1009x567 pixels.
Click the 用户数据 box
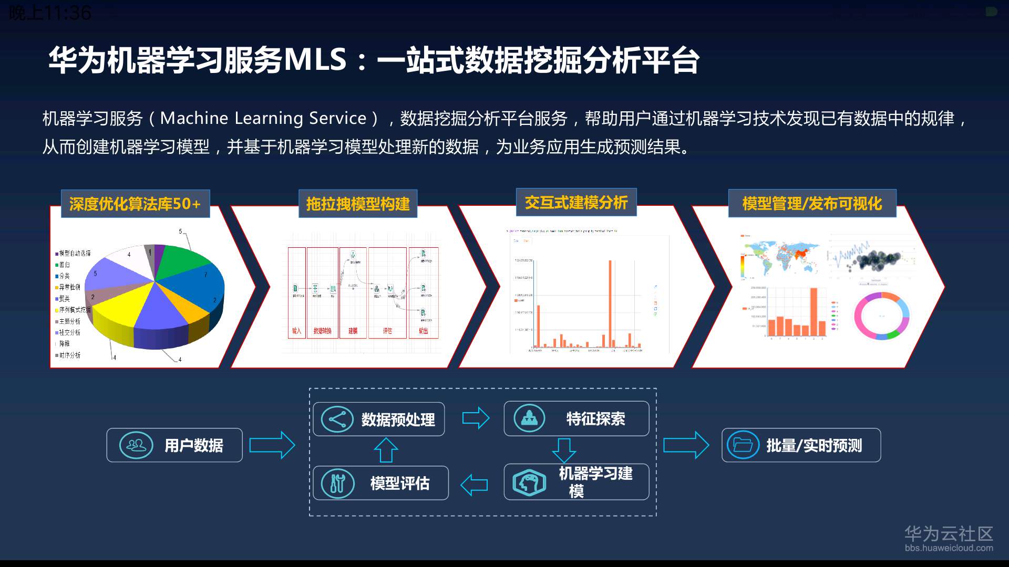tap(174, 445)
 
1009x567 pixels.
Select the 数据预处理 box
tap(378, 419)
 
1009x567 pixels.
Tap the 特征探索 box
tap(576, 418)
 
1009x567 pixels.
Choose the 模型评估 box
tap(380, 483)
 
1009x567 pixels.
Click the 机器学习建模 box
tap(576, 481)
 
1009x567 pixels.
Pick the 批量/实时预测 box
tap(801, 445)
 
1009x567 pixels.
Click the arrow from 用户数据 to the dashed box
tap(272, 445)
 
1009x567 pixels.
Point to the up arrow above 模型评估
tap(386, 450)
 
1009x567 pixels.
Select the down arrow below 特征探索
tap(564, 450)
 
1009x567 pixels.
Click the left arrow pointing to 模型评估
tap(474, 485)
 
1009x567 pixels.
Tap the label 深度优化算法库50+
tap(135, 204)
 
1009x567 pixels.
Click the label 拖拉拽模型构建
tap(358, 204)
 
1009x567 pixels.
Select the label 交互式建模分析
tap(576, 202)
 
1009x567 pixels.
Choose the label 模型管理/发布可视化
tap(812, 203)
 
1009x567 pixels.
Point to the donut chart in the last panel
tap(881, 316)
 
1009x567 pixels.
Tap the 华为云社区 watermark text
tap(949, 534)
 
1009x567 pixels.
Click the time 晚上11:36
tap(50, 13)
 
